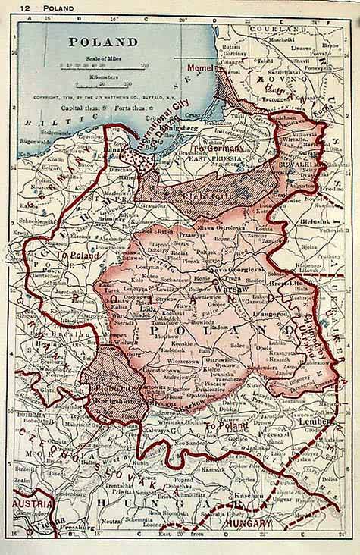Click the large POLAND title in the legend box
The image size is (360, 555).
click(104, 42)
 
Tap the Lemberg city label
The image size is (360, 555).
click(313, 420)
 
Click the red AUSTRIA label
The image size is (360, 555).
click(33, 504)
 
